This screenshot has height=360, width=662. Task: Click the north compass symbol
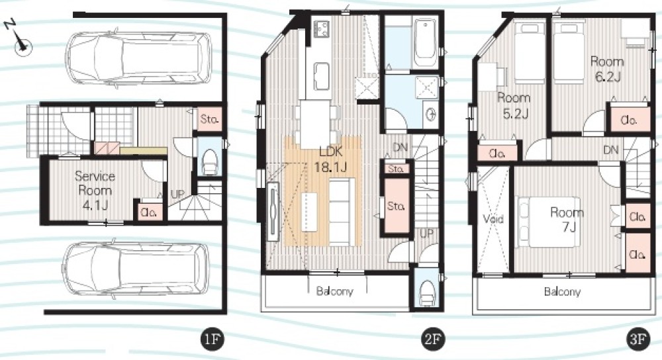point(21,42)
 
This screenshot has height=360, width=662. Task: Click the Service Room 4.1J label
point(95,191)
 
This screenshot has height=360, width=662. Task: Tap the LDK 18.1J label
point(330,159)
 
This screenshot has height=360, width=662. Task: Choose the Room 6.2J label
point(607,69)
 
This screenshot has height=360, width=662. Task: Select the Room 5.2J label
point(514,105)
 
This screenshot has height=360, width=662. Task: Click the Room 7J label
point(567,220)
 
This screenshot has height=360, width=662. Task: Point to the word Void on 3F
point(493,219)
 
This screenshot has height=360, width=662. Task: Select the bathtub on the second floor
point(425,42)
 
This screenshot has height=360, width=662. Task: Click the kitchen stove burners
point(321,28)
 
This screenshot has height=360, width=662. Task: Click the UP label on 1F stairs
point(177,195)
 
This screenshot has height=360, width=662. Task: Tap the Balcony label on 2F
point(335,291)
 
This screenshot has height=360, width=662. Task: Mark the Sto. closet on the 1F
point(209,119)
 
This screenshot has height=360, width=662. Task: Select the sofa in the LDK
point(341,212)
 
